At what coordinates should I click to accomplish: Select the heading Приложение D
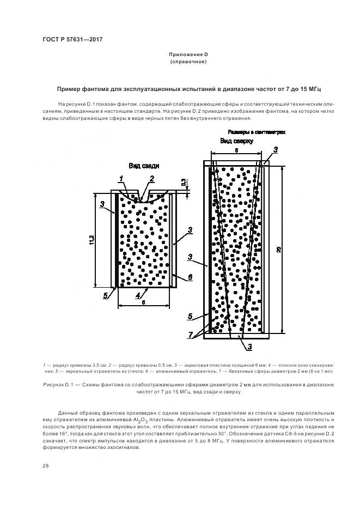[x=188, y=55]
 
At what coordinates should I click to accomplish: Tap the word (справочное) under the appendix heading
[x=188, y=62]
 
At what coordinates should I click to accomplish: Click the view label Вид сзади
[x=144, y=166]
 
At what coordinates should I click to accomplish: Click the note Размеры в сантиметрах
[x=256, y=132]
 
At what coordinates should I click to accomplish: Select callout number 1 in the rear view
[x=122, y=179]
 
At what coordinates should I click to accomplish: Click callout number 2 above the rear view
[x=152, y=178]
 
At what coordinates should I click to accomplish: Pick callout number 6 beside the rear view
[x=190, y=277]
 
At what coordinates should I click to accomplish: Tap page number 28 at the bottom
[x=46, y=466]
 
